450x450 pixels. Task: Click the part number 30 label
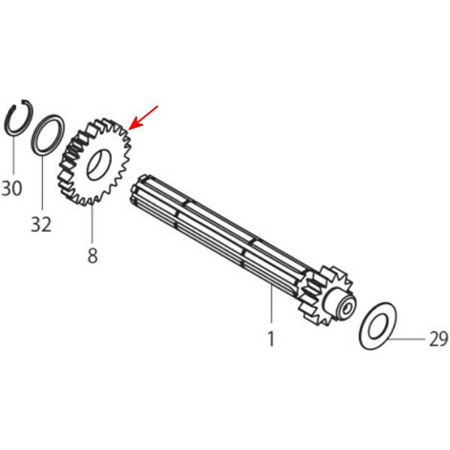(12, 188)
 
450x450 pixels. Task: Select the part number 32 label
(41, 224)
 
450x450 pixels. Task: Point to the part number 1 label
(271, 339)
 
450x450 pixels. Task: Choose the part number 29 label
(439, 339)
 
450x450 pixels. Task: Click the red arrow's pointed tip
(129, 129)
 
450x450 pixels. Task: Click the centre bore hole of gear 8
(99, 165)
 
